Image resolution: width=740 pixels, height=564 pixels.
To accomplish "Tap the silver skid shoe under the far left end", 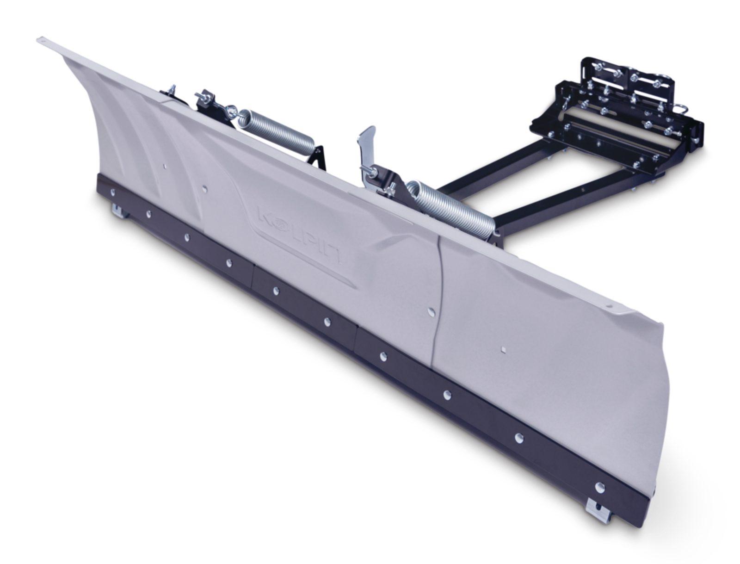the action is pos(119,210).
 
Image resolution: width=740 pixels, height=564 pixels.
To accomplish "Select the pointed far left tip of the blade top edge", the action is pos(37,39).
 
